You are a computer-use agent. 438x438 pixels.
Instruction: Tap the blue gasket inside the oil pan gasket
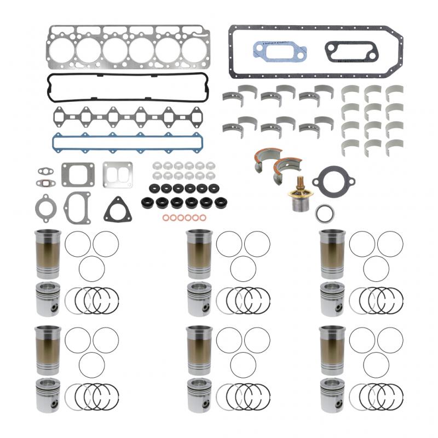tap(280, 51)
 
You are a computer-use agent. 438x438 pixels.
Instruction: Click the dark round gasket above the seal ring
tap(333, 181)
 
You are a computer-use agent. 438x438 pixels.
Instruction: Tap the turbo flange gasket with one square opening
tap(78, 174)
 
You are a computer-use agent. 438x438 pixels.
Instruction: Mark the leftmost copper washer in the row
tap(165, 218)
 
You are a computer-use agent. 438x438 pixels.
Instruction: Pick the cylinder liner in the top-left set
tap(48, 254)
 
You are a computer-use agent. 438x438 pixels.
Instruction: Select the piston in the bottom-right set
tap(333, 395)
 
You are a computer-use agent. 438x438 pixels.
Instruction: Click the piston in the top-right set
tap(333, 299)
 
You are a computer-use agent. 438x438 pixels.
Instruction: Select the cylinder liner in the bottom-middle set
tap(199, 351)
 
